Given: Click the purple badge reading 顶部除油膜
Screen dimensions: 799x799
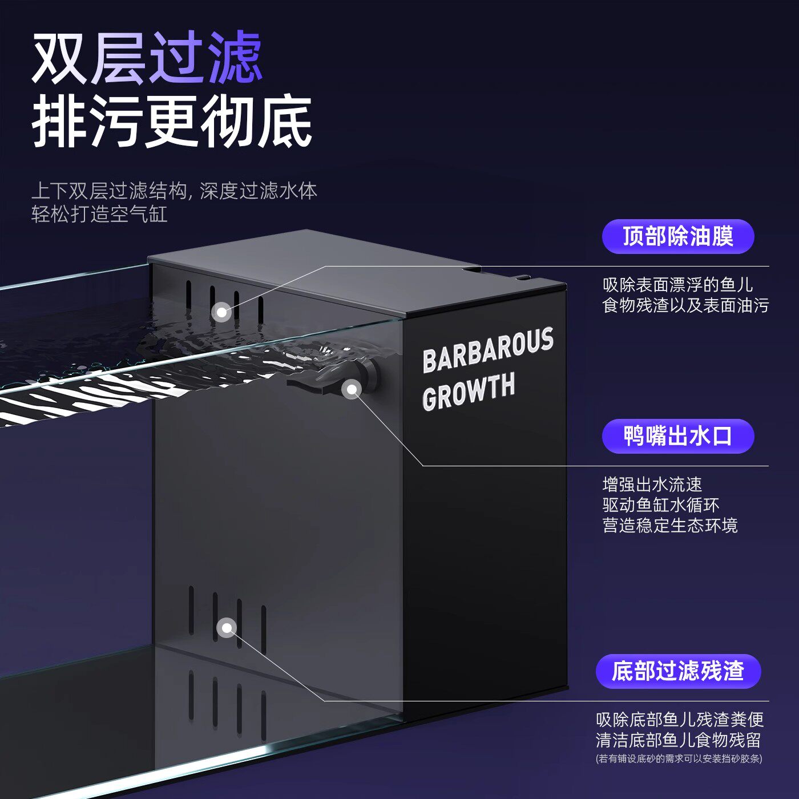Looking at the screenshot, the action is pos(677,236).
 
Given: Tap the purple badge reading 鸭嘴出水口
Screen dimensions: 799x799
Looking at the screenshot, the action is pos(677,436).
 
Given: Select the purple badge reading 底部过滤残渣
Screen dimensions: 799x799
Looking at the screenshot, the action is pos(678,671).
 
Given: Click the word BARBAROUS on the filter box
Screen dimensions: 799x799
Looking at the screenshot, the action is pos(488,350).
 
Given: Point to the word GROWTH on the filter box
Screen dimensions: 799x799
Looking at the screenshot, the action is pos(469,392).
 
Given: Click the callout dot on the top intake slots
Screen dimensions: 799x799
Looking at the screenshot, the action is pos(221,312).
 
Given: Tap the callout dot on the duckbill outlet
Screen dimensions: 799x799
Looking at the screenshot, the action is pos(352,389).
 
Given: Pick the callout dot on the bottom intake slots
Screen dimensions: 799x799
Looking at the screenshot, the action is pos(227,628).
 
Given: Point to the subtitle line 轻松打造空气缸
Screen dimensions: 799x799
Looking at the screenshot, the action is pos(99,214).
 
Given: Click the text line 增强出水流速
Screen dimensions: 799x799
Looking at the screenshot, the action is pos(652,485).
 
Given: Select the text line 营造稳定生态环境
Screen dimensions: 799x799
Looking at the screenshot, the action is pos(669,525).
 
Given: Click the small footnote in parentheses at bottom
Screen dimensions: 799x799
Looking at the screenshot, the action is pos(679,758).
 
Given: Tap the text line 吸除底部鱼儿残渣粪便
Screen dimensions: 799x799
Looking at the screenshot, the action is pos(679,719).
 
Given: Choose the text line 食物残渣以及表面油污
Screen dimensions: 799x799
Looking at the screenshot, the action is pos(685,305).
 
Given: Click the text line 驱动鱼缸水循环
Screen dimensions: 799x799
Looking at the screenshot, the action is pos(660,505).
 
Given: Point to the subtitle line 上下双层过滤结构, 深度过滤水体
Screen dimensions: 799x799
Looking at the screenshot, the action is pos(174,191).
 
